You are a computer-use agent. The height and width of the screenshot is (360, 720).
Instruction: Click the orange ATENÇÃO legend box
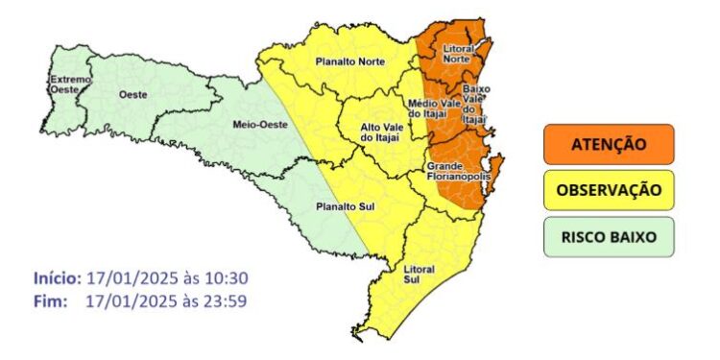point(609,144)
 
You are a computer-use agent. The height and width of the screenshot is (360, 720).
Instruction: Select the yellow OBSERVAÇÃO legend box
point(609,190)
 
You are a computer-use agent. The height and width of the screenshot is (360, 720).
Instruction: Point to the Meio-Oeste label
point(255,124)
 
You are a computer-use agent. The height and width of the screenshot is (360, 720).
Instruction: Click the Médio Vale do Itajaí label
point(430,108)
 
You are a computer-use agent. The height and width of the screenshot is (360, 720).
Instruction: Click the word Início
point(57,278)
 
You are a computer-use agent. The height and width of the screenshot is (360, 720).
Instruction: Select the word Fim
point(49,301)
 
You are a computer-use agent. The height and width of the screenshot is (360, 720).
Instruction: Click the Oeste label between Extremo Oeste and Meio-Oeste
point(132,94)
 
